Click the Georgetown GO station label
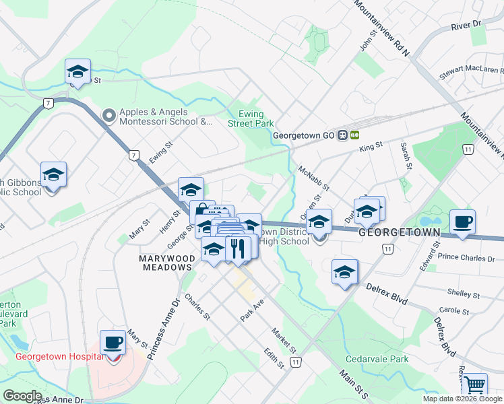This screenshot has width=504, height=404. [304, 135]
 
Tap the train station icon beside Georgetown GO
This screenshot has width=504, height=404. [348, 135]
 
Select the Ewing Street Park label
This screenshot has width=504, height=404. [251, 119]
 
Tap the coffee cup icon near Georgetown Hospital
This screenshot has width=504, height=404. [113, 343]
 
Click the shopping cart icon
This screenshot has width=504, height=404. [474, 385]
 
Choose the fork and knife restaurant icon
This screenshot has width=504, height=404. [237, 248]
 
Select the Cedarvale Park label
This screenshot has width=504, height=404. [377, 359]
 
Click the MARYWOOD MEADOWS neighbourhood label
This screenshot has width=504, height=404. [166, 263]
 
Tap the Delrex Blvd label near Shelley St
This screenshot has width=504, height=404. [387, 294]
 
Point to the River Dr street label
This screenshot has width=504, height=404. [468, 25]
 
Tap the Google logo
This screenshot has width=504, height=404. [22, 396]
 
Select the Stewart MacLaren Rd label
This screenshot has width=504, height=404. [471, 70]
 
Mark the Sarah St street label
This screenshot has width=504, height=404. [406, 156]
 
